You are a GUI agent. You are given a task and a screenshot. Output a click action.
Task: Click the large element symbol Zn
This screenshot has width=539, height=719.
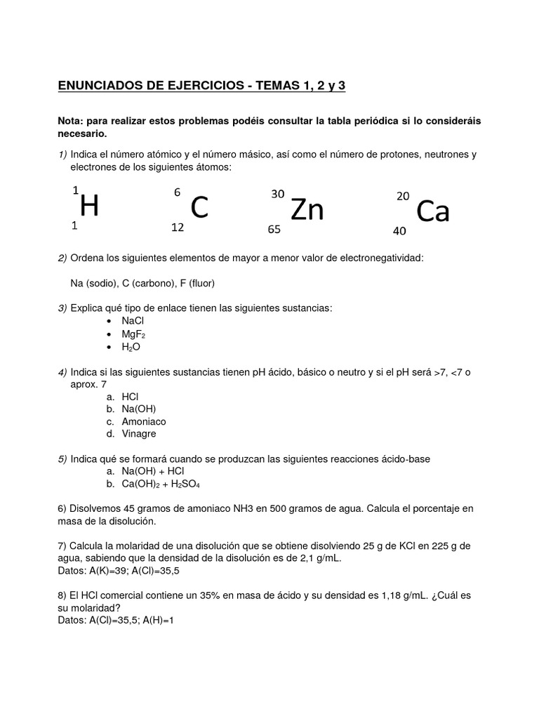pos(307,209)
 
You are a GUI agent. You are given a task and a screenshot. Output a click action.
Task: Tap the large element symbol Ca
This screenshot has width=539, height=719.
pos(432,211)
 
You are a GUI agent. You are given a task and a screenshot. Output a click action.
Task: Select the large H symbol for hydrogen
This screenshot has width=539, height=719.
pos(89,206)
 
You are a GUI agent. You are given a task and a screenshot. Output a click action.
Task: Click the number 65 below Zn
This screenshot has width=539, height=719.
pos(274,230)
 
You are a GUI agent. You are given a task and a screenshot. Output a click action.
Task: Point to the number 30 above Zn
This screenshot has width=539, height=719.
pos(277,194)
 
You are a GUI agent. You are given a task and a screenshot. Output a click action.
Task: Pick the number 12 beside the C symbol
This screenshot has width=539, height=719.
pos(178,227)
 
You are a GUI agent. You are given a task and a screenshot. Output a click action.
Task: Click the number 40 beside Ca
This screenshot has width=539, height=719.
pos(399,230)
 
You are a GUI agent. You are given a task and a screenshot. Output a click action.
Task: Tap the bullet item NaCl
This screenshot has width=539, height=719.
pos(133,321)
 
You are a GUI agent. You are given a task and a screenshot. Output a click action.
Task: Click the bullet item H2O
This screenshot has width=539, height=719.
pos(131,348)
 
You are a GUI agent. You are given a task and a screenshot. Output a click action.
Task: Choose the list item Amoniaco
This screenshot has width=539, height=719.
pos(144,422)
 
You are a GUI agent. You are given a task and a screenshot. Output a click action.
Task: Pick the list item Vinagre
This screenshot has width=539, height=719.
pos(139,435)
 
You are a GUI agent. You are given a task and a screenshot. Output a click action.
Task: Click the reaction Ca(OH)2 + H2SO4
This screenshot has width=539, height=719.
pos(161,484)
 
